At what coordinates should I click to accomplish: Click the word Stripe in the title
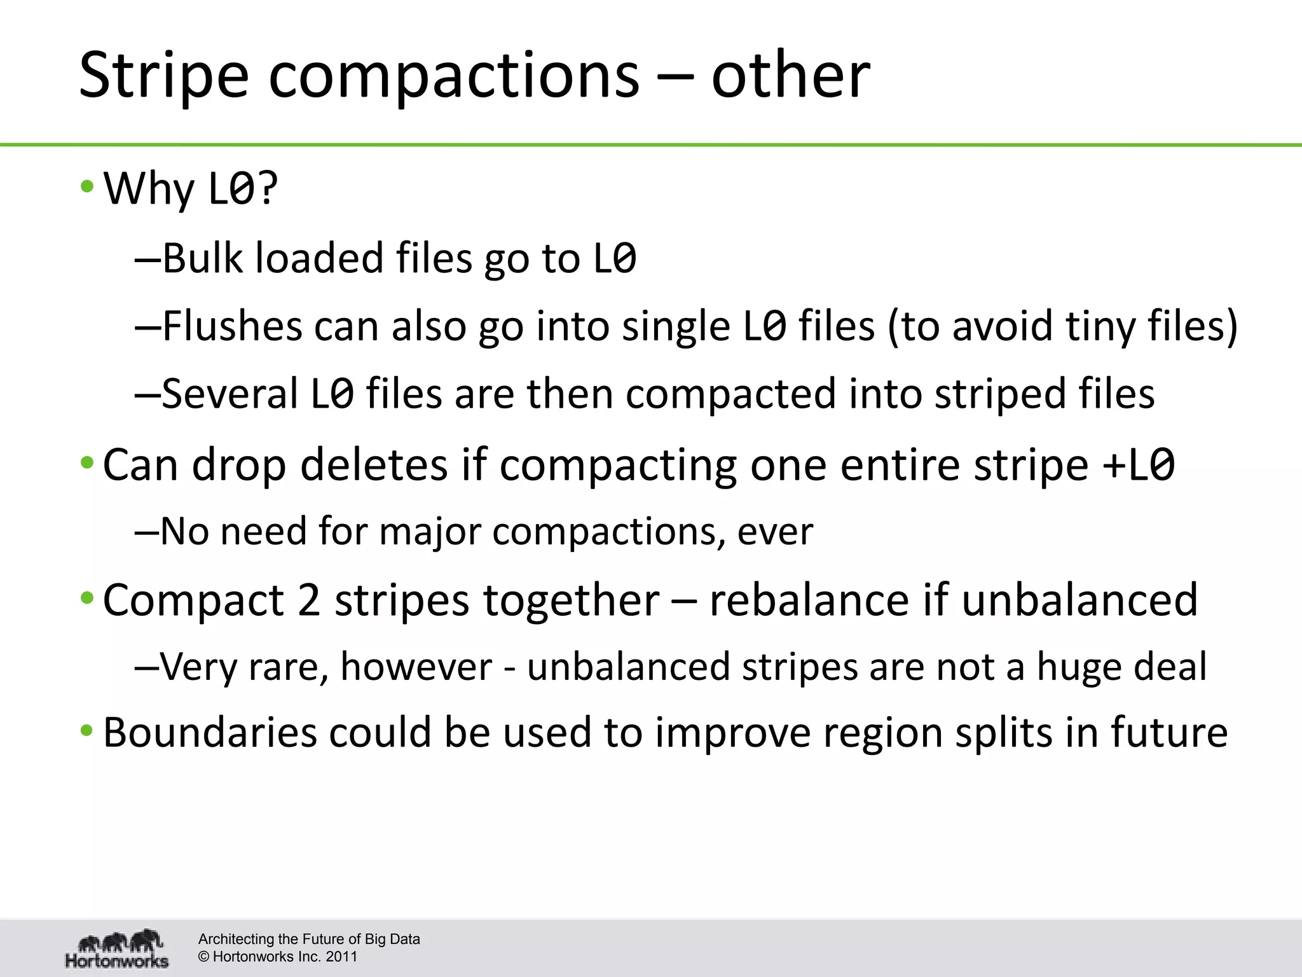click(163, 76)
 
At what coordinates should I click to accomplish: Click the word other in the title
click(790, 76)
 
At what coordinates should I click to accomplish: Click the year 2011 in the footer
click(341, 957)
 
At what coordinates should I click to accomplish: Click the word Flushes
click(231, 326)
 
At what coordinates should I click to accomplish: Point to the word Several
click(230, 394)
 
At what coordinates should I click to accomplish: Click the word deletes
click(374, 465)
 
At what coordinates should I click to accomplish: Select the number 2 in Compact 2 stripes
click(309, 600)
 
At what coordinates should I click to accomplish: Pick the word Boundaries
click(210, 733)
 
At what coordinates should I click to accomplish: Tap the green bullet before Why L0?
click(87, 188)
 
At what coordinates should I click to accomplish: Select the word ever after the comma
click(775, 532)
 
